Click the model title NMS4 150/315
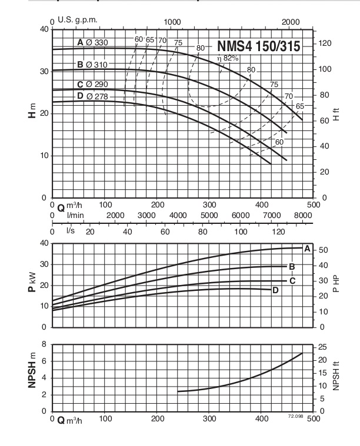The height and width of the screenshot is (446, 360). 259,46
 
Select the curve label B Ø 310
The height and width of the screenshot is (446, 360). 94,64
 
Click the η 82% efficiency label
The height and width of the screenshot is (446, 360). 226,58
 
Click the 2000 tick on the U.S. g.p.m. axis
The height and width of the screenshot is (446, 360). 290,21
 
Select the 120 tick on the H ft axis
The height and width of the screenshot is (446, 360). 325,43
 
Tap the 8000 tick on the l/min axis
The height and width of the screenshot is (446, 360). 304,216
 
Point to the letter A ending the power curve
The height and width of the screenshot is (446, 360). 306,248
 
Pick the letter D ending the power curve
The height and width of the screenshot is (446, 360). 275,290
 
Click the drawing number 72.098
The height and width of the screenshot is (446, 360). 295,415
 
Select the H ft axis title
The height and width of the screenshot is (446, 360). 336,113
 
